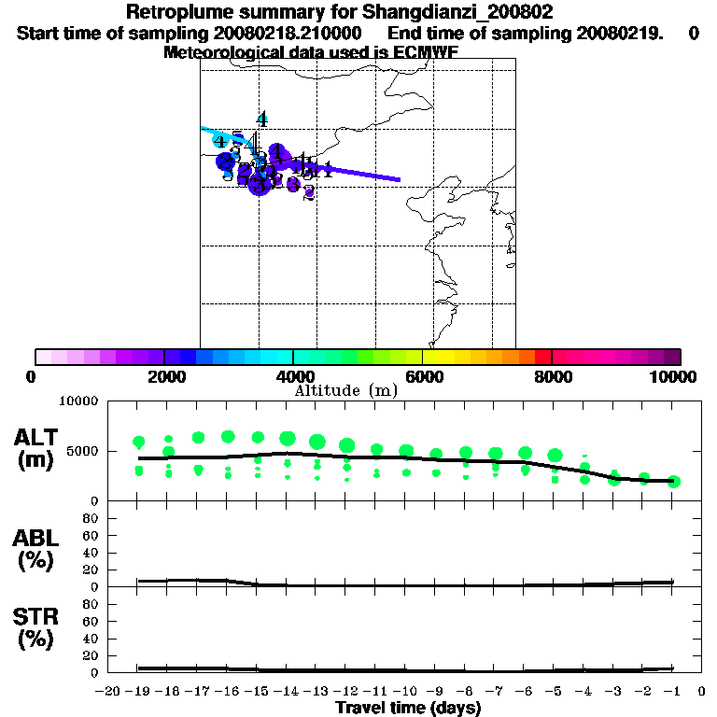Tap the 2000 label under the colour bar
click(164, 376)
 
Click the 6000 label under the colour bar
click(422, 376)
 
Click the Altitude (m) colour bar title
click(345, 390)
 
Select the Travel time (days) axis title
click(408, 709)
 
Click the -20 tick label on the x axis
click(107, 691)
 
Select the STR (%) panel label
click(34, 628)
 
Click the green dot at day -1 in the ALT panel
click(674, 482)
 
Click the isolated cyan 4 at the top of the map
click(262, 119)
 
